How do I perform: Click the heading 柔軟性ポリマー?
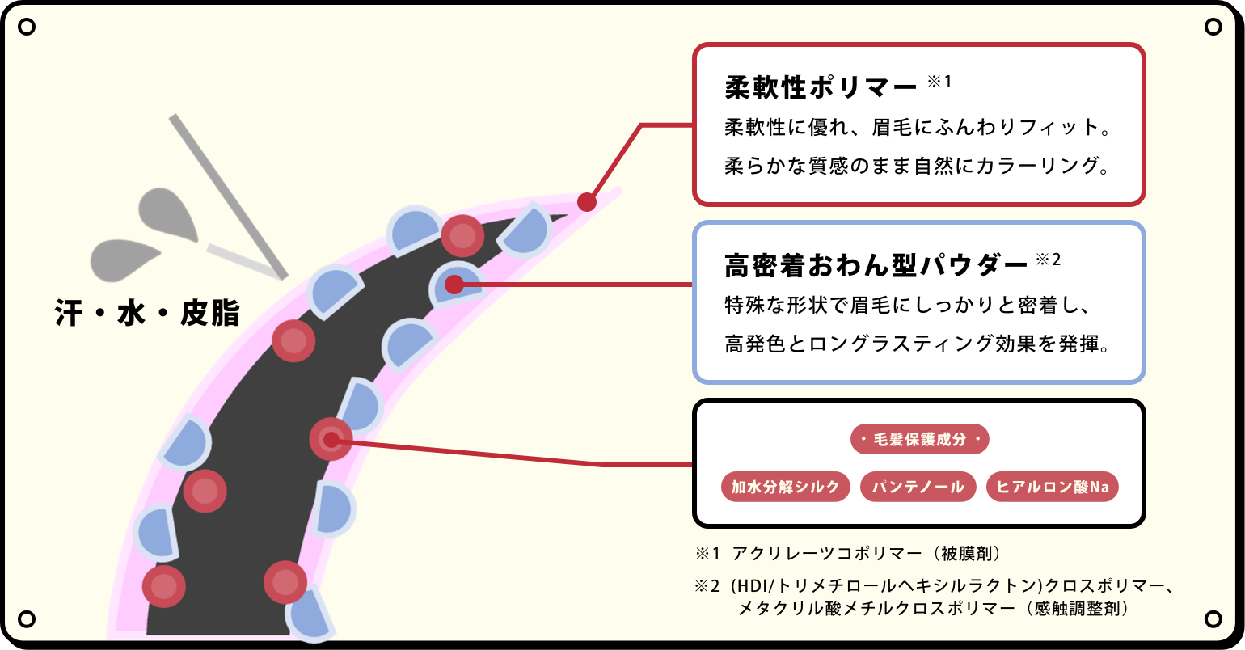821,88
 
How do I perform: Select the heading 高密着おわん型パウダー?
876,266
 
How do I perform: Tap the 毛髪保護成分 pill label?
920,439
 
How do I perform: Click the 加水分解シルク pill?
785,487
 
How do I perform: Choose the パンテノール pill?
918,487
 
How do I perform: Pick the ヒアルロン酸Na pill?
1052,487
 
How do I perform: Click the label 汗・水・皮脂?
147,313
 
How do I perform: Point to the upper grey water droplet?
167,214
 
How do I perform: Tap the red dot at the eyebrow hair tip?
587,202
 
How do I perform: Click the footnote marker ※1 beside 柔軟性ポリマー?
939,82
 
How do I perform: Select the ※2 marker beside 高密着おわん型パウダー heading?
1049,260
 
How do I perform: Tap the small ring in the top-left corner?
27,27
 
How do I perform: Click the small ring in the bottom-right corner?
1213,618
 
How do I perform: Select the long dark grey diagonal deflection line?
229,196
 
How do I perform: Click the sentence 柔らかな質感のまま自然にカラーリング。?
917,166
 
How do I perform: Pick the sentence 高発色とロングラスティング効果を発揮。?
917,344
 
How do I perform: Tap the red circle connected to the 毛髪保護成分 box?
331,440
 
